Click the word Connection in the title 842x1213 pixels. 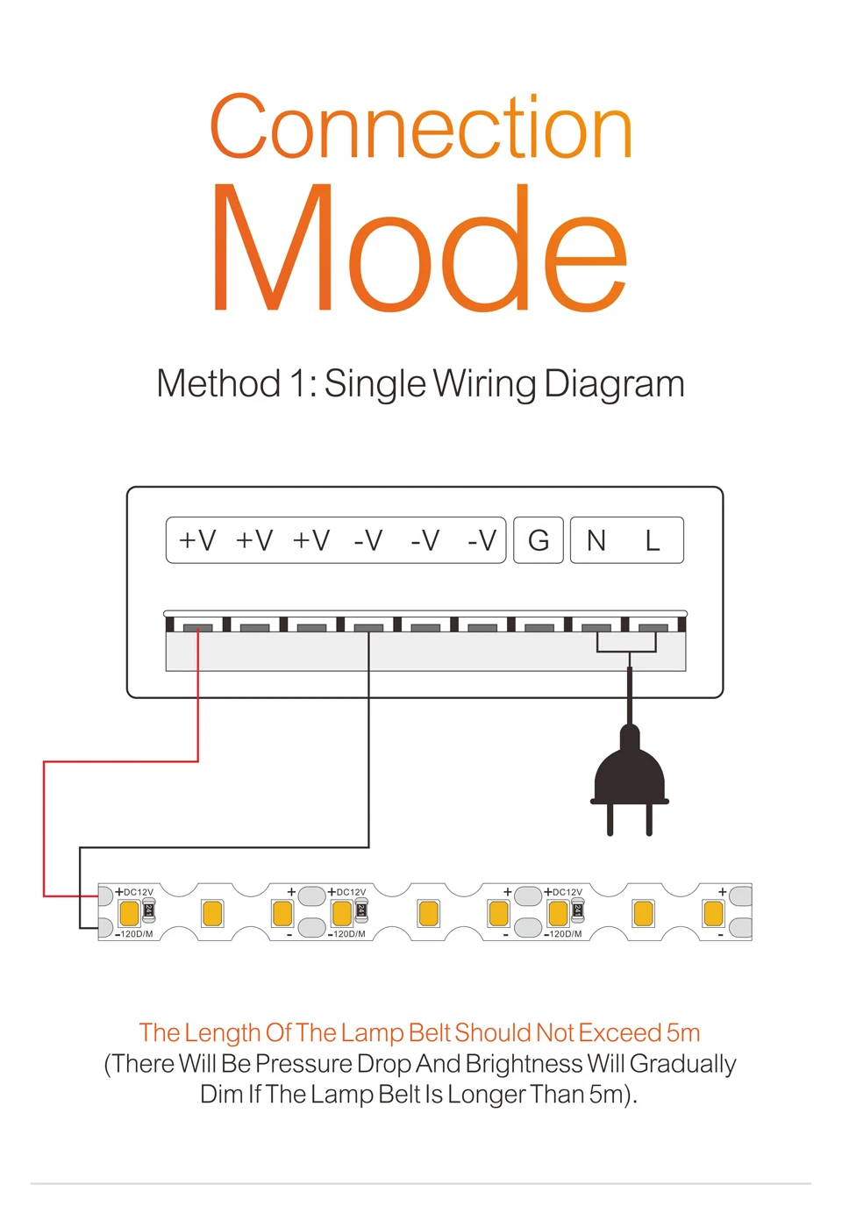pos(421,127)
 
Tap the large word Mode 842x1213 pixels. pos(419,250)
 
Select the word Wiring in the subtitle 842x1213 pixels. pos(484,384)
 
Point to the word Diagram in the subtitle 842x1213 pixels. pos(614,384)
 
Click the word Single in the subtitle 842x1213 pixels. pos(375,384)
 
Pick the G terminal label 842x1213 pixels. pos(539,540)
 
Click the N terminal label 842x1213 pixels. pos(596,540)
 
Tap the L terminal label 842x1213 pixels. pos(653,540)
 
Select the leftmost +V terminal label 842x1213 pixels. pos(197,540)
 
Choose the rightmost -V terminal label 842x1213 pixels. pos(482,540)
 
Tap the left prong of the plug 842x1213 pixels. pos(610,820)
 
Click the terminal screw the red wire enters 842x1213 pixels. pos(198,627)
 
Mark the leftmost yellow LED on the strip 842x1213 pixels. pos(129,914)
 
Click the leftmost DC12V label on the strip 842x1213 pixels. pos(138,892)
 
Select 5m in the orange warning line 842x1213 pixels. pos(683,1032)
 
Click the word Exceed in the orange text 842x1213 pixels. pos(620,1032)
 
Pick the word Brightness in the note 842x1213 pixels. pos(524,1064)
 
